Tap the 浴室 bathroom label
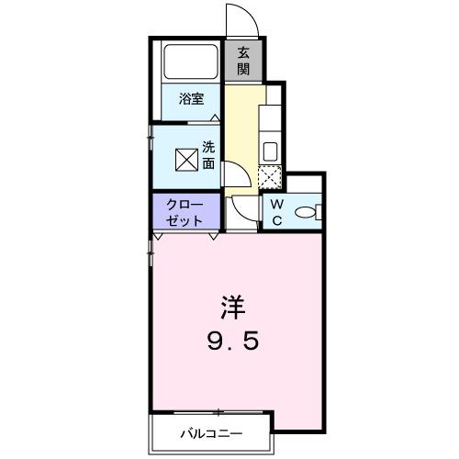(x=191, y=99)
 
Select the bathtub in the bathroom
(x=191, y=61)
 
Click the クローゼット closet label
(x=187, y=213)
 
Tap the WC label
(x=275, y=212)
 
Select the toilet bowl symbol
(x=307, y=213)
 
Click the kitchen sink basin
(x=272, y=151)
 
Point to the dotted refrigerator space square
(x=270, y=177)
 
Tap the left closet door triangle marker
(x=158, y=236)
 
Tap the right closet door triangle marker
(x=214, y=236)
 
